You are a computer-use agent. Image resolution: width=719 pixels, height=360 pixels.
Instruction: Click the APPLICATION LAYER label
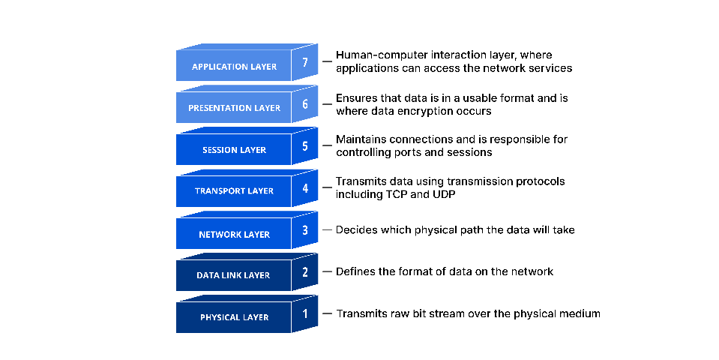pos(234,67)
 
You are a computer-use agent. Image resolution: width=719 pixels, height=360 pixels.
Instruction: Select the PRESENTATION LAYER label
pos(234,108)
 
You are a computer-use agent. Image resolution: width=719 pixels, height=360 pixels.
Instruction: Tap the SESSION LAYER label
pos(234,150)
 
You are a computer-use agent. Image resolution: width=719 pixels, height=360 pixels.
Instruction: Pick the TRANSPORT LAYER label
pos(234,191)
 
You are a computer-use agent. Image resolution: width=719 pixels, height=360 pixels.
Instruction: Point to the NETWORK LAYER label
pos(234,235)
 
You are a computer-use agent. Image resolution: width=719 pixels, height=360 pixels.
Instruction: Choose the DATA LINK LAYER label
pos(233,275)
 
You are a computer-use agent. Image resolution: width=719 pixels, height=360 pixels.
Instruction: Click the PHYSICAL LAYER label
pos(234,317)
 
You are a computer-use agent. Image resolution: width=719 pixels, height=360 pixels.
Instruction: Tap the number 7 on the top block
pos(305,62)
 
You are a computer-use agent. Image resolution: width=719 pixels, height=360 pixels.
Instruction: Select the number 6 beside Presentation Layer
pos(305,104)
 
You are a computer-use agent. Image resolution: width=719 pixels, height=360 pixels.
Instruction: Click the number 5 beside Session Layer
pos(305,145)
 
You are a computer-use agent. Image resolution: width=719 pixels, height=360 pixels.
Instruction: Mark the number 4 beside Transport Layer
pos(305,187)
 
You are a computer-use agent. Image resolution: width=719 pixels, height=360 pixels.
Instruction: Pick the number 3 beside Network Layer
pos(305,229)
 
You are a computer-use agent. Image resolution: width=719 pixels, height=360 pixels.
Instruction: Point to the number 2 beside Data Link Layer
pos(305,271)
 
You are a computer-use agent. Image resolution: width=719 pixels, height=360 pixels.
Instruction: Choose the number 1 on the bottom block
pos(305,313)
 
